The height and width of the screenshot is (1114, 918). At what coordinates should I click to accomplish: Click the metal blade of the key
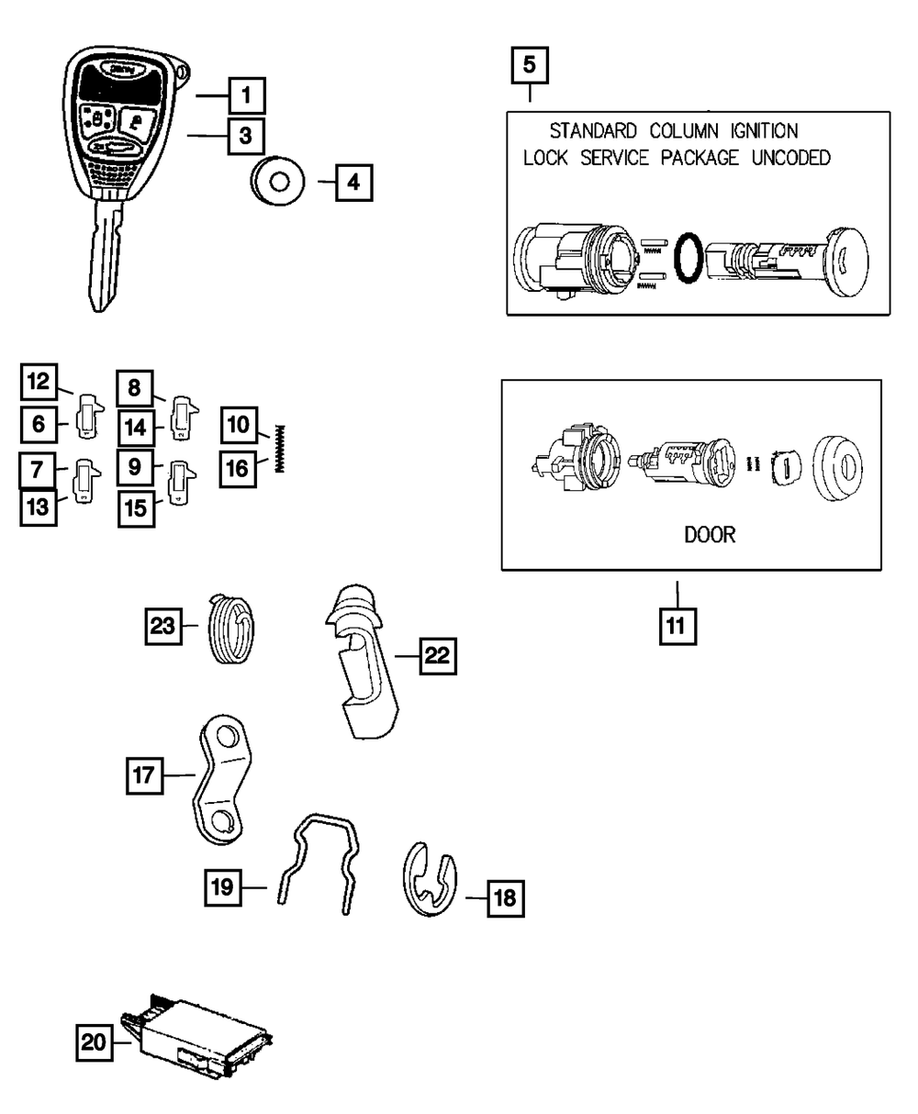(107, 257)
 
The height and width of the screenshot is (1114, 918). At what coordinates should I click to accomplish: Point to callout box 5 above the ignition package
(530, 66)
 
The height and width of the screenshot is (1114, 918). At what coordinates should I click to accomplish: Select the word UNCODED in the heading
(790, 158)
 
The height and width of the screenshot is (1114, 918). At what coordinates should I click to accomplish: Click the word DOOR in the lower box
(710, 534)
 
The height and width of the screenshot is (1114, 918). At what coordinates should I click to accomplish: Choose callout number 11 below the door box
(677, 627)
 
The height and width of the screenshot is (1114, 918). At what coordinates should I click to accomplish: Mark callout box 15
(136, 507)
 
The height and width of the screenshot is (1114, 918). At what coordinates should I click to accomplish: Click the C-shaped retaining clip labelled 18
(431, 885)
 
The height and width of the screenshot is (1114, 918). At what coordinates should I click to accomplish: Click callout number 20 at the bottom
(95, 1043)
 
